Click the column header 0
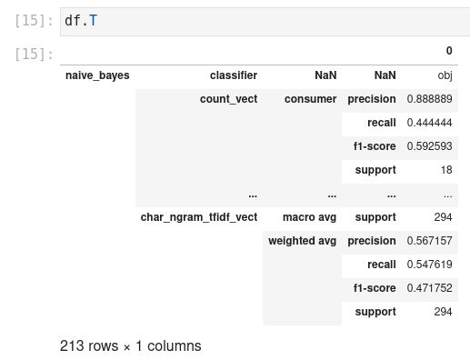click(448, 51)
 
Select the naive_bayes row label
click(97, 75)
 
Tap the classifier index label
click(233, 75)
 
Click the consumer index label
click(310, 99)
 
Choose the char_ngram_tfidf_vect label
click(199, 217)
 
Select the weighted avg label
click(302, 241)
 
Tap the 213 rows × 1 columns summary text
click(130, 345)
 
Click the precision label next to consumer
click(371, 99)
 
